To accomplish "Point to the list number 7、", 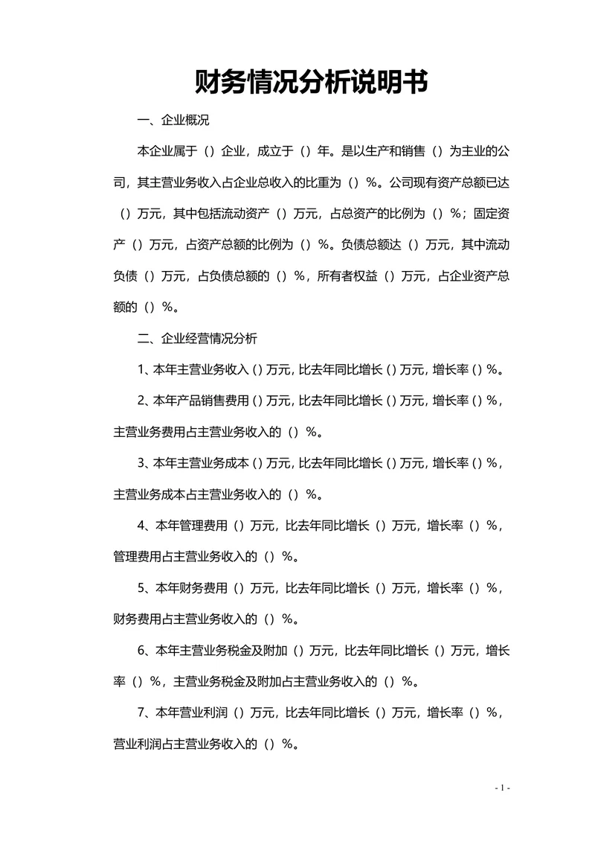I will (x=145, y=712).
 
